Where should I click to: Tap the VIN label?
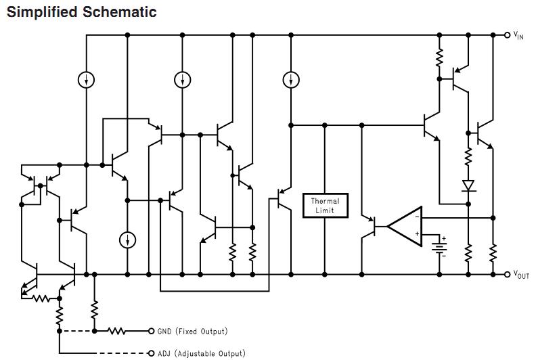(518, 35)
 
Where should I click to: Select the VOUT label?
(520, 274)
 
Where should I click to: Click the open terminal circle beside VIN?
(508, 35)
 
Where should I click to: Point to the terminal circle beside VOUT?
(508, 274)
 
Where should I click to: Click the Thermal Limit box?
(326, 205)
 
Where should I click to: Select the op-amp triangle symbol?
(407, 226)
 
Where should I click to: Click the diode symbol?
(468, 185)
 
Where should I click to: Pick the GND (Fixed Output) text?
(192, 332)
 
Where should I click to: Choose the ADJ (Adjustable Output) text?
(201, 353)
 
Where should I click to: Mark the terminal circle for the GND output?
(151, 331)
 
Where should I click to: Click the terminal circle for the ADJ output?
(151, 353)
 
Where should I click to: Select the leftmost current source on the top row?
(86, 80)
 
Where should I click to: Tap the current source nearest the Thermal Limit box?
(290, 80)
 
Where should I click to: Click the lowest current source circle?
(127, 240)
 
